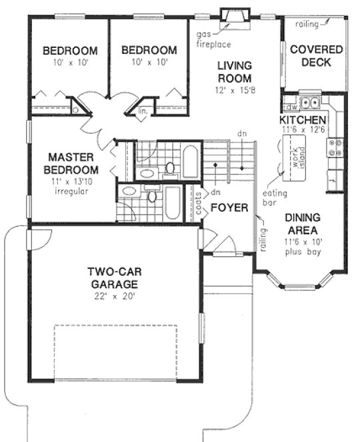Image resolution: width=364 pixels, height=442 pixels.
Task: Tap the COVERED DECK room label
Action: [x=316, y=57]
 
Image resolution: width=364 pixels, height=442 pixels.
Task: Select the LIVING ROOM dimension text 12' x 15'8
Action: [x=233, y=89]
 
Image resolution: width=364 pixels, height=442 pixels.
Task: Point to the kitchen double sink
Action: [x=309, y=104]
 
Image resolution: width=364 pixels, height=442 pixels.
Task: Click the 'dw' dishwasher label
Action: [x=290, y=106]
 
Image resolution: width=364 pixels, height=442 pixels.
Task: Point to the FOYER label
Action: [x=229, y=208]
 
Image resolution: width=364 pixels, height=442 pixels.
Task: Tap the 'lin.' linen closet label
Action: [x=143, y=112]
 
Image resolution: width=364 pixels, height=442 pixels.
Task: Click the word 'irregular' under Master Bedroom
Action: [x=72, y=192]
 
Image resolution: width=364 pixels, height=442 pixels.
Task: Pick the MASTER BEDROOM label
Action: [x=70, y=164]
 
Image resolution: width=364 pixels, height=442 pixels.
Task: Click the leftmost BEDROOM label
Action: [x=70, y=50]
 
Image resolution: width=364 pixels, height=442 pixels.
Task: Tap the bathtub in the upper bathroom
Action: [x=189, y=162]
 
